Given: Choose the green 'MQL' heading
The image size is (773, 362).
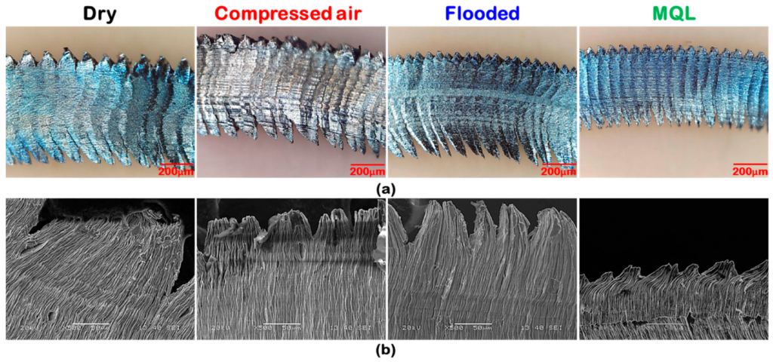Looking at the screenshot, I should [x=674, y=13].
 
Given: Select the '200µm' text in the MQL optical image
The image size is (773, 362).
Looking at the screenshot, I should [x=750, y=171].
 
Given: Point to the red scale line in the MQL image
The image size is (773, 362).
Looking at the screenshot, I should [x=750, y=163].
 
